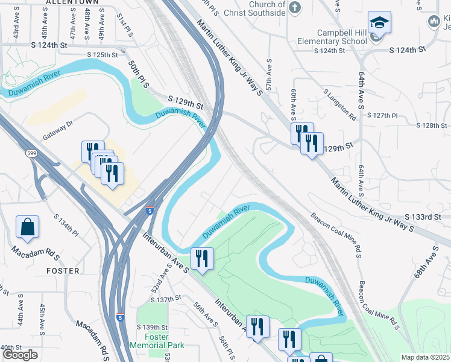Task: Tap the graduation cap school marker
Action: click(379, 24)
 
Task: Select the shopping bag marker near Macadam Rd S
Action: click(28, 227)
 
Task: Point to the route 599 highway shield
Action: click(30, 154)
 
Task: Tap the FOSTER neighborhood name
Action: click(63, 271)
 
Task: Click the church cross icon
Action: click(294, 7)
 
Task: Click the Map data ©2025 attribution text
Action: click(425, 357)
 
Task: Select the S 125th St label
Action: click(101, 55)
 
